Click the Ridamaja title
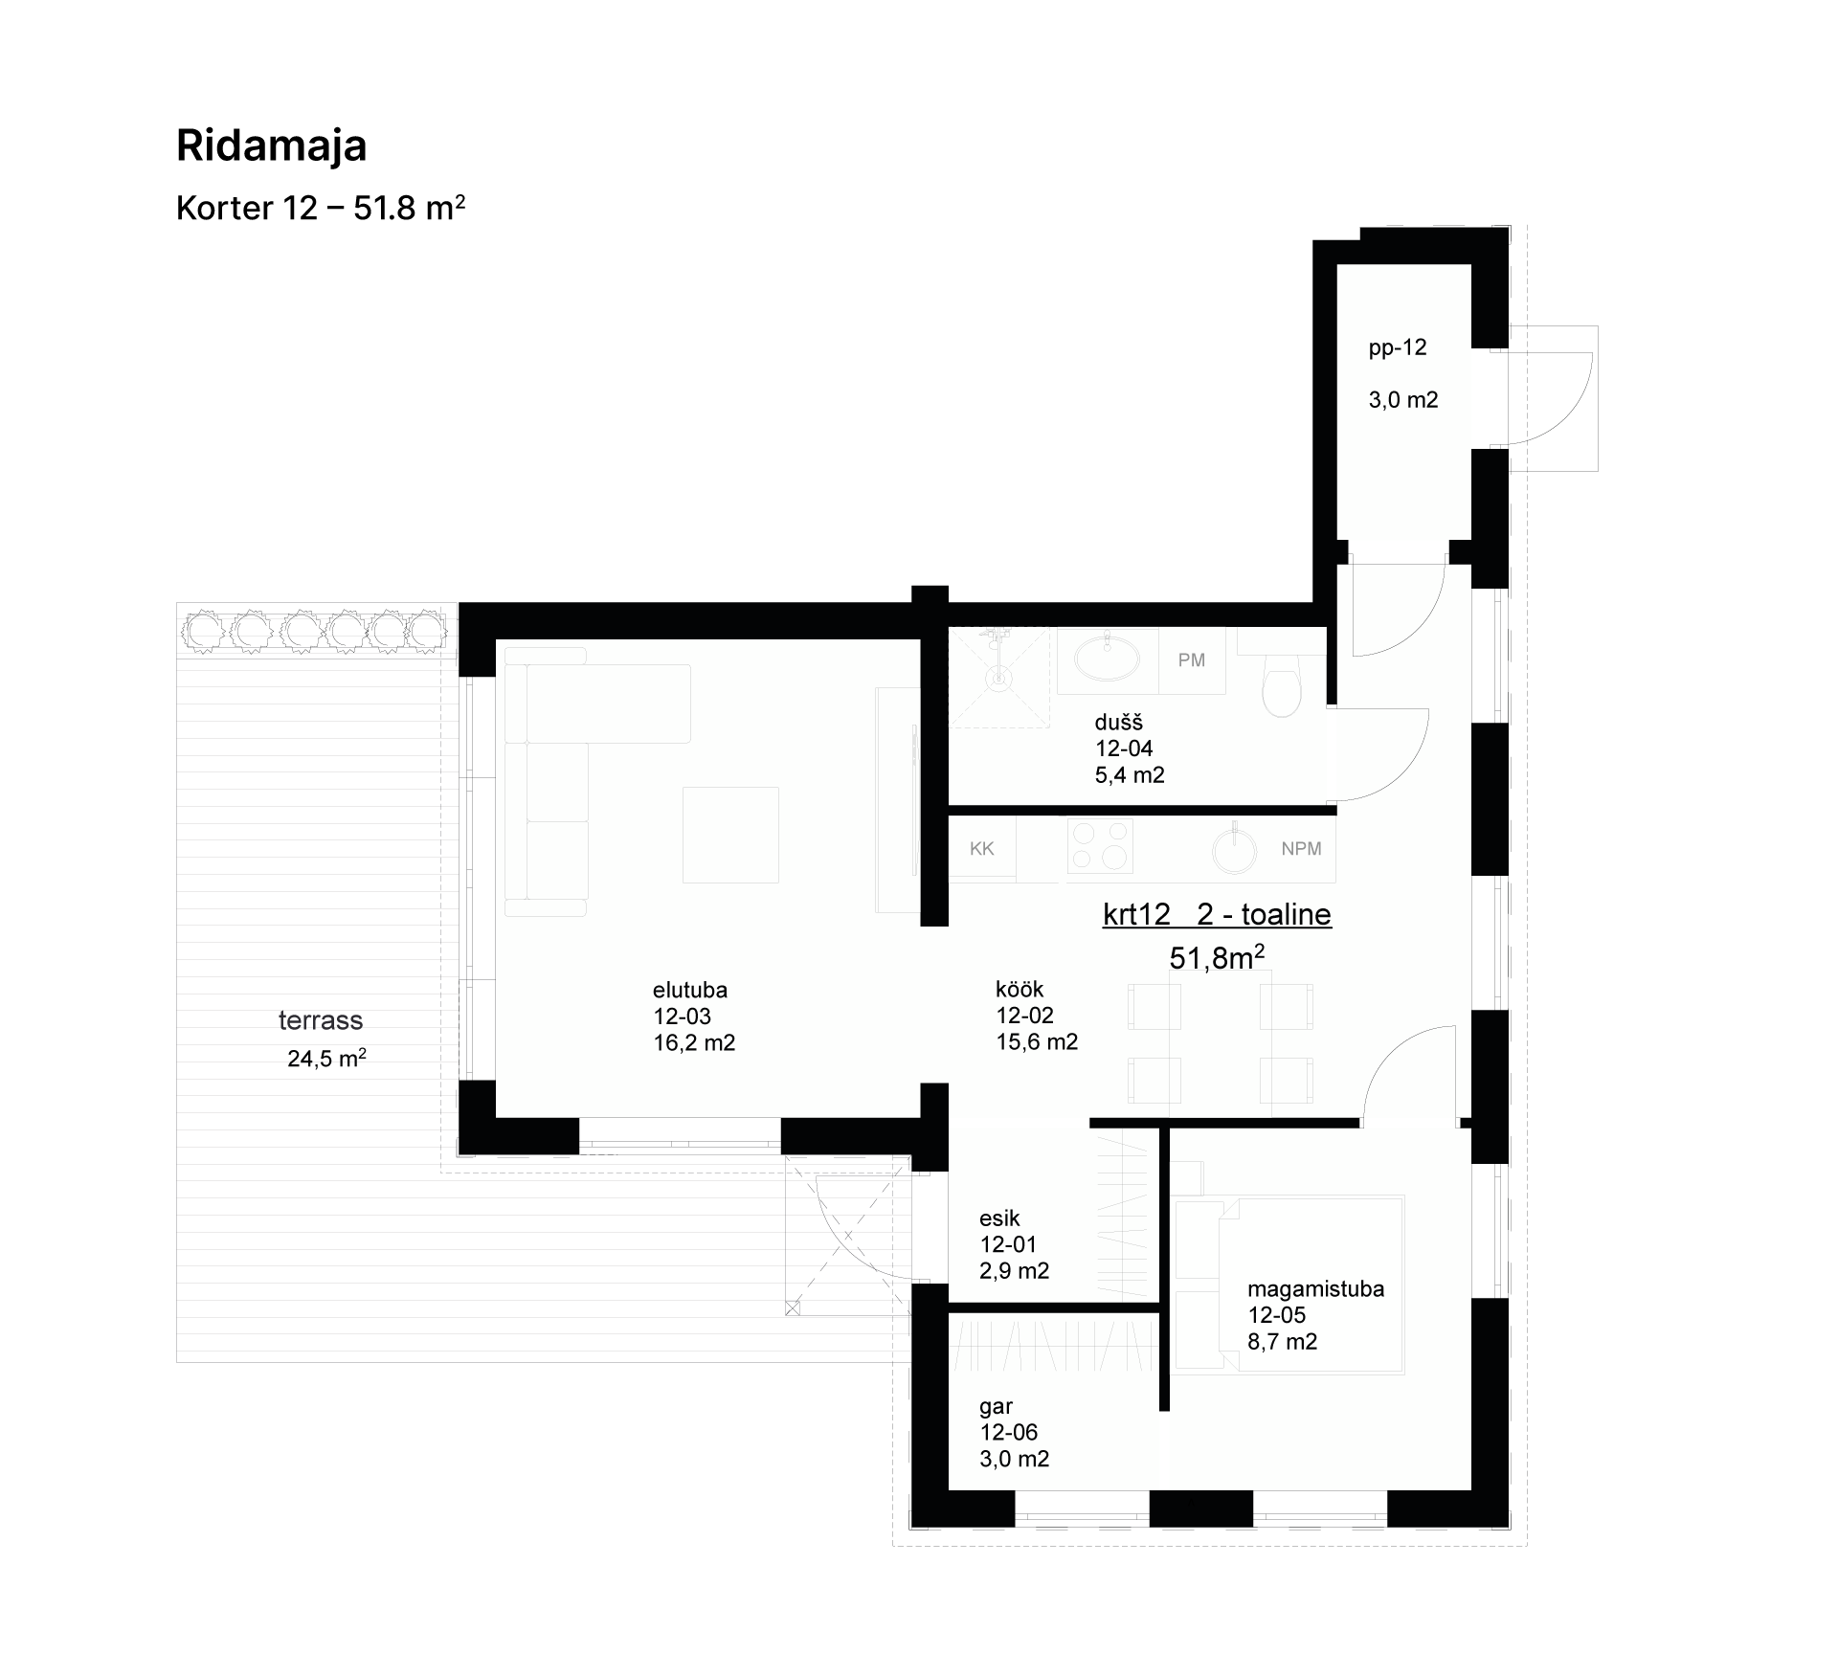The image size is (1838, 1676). [x=272, y=146]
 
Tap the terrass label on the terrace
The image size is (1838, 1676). [x=321, y=1020]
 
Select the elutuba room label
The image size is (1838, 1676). [x=690, y=990]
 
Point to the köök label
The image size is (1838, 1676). [x=1020, y=989]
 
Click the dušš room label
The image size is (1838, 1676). [x=1119, y=723]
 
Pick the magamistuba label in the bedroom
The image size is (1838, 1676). [x=1316, y=1288]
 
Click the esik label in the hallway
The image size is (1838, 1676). [x=999, y=1218]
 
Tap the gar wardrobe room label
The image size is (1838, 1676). [x=997, y=1406]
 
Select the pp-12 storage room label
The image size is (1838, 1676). [x=1398, y=347]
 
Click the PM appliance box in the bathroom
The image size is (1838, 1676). [x=1192, y=660]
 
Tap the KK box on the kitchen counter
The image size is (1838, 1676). [x=982, y=848]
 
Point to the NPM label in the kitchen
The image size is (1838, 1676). [x=1301, y=848]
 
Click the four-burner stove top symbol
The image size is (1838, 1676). [x=1100, y=846]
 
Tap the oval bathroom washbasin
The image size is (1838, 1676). [x=1108, y=658]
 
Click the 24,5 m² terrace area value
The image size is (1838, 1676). [x=326, y=1058]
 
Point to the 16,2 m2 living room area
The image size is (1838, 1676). [x=694, y=1042]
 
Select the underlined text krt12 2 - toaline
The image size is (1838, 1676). [x=1217, y=914]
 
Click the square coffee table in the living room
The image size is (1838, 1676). [x=730, y=835]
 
